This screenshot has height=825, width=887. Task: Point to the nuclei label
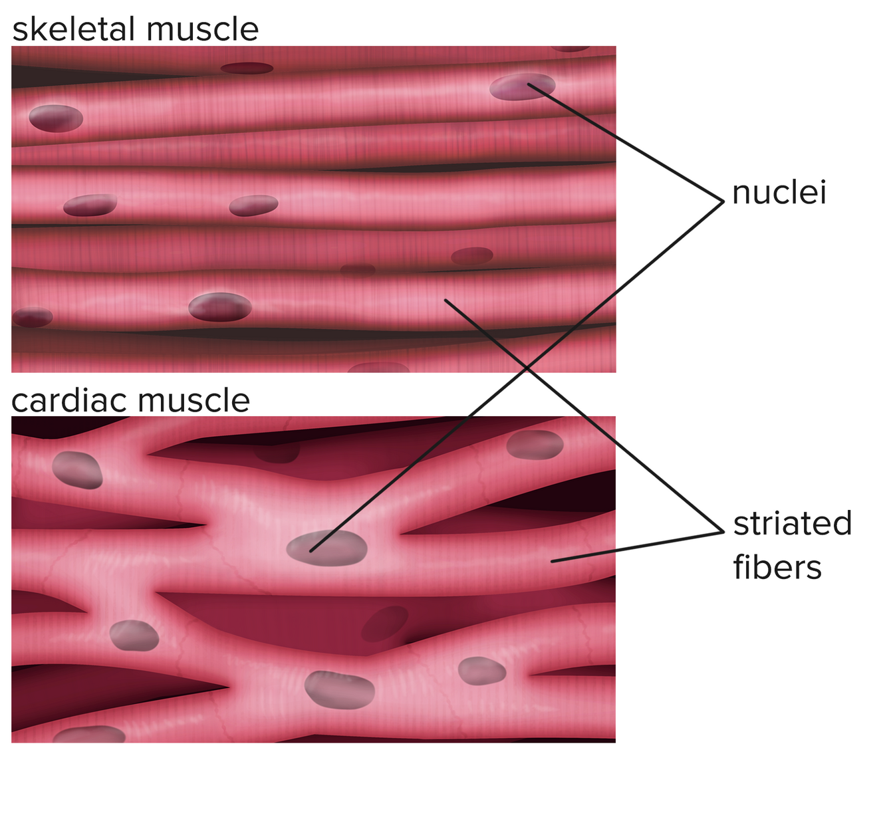pyautogui.click(x=779, y=193)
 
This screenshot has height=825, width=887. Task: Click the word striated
pyautogui.click(x=792, y=523)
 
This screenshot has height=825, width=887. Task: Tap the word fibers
pyautogui.click(x=777, y=568)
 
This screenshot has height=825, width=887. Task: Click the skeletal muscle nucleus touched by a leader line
pyautogui.click(x=522, y=87)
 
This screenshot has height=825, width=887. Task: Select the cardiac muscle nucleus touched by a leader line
pyautogui.click(x=326, y=548)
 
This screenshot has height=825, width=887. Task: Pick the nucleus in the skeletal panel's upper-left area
pyautogui.click(x=56, y=118)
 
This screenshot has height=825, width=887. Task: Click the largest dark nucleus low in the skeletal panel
pyautogui.click(x=220, y=307)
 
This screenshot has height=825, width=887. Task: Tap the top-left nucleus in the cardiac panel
pyautogui.click(x=77, y=470)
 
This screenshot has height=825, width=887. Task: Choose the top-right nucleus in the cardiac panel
pyautogui.click(x=535, y=445)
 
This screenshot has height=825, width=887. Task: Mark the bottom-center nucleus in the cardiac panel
pyautogui.click(x=339, y=689)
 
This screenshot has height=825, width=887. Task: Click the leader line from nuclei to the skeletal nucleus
pyautogui.click(x=625, y=142)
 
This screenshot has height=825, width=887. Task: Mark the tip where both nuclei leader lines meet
pyautogui.click(x=723, y=201)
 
